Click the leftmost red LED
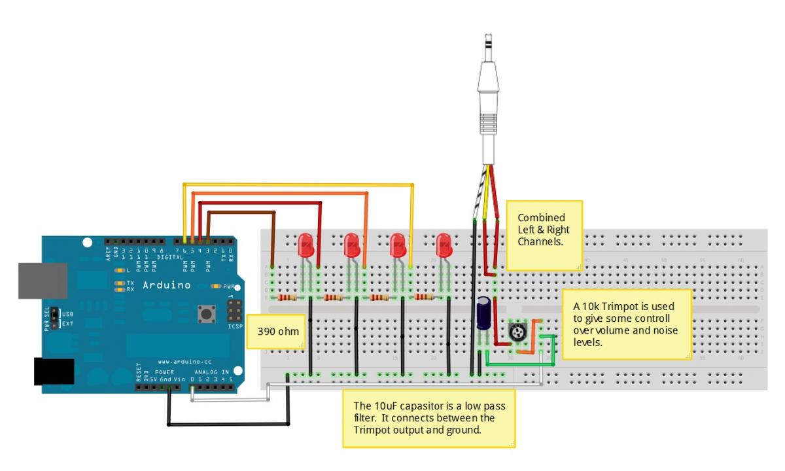pyautogui.click(x=305, y=246)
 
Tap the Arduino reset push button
pyautogui.click(x=207, y=313)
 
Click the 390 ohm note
pyautogui.click(x=277, y=332)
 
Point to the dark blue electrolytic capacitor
pyautogui.click(x=485, y=313)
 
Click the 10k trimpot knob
pyautogui.click(x=518, y=334)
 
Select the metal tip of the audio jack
pyautogui.click(x=487, y=46)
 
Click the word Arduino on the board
pyautogui.click(x=166, y=285)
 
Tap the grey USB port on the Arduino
pyautogui.click(x=42, y=281)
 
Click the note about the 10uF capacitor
pyautogui.click(x=429, y=418)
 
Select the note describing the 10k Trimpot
pyautogui.click(x=627, y=324)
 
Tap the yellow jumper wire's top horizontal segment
pyautogui.click(x=298, y=186)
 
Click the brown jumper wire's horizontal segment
pyautogui.click(x=262, y=213)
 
